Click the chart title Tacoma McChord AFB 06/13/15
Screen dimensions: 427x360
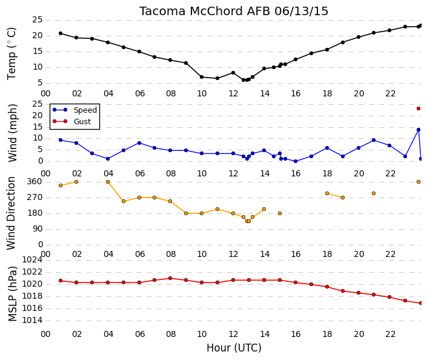tap(234, 12)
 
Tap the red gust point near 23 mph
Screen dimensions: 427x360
tap(419, 108)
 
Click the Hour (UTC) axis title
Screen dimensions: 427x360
tap(234, 348)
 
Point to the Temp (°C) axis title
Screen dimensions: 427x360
tap(12, 53)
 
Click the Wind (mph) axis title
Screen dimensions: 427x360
tap(13, 133)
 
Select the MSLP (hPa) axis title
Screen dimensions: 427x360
tap(13, 294)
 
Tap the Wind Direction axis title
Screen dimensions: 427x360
tap(11, 213)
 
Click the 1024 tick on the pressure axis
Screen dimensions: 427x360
tap(32, 260)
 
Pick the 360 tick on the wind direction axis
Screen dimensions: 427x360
tap(35, 181)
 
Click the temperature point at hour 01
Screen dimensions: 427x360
tap(61, 33)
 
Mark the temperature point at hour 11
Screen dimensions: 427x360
tap(217, 78)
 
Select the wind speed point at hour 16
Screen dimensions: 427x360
tap(296, 161)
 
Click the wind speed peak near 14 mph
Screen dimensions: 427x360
tap(419, 130)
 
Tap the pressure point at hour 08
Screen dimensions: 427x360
tap(170, 278)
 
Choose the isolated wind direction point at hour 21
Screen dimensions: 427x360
tap(374, 193)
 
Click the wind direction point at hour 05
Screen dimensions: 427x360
tap(124, 201)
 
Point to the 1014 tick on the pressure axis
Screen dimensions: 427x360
tap(32, 320)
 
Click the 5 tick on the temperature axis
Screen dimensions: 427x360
tap(40, 82)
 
